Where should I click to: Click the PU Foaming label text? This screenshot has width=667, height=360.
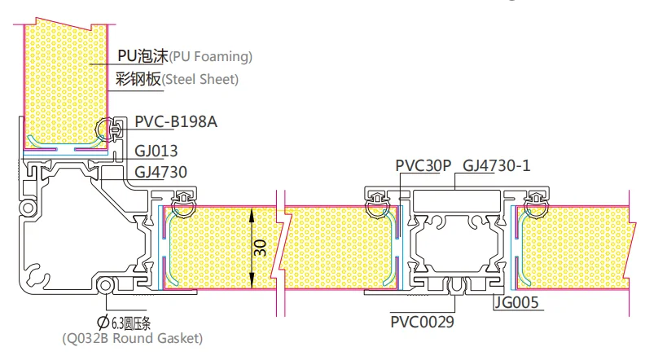[185, 57]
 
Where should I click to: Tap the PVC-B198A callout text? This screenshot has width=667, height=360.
[176, 122]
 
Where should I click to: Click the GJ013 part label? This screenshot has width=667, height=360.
[156, 151]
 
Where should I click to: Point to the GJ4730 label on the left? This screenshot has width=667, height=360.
[161, 172]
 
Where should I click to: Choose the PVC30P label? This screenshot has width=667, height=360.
[423, 165]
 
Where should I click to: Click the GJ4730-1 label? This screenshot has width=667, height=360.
[497, 165]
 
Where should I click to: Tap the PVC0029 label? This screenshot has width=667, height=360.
[422, 321]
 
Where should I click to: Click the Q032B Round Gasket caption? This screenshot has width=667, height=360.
[133, 338]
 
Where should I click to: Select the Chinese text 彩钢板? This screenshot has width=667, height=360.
[139, 80]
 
